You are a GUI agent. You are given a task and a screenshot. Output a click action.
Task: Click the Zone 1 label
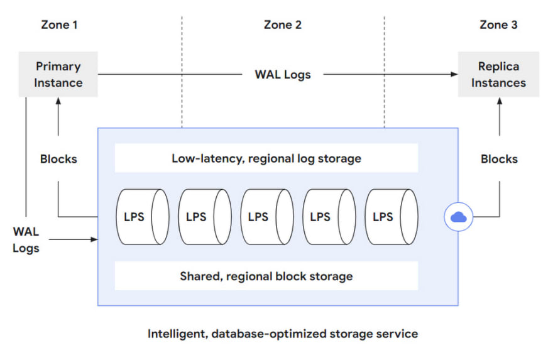[x=59, y=25]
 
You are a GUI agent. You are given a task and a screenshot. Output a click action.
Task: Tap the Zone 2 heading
[x=283, y=25]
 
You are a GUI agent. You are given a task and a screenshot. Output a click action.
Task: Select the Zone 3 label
[x=498, y=25]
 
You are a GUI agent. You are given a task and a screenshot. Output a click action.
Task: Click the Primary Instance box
[x=58, y=74]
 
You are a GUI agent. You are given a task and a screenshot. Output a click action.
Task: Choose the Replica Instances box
[x=498, y=74]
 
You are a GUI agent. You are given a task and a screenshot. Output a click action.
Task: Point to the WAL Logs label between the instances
[x=283, y=75]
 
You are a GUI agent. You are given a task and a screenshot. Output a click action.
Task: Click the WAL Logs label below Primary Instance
[x=26, y=240]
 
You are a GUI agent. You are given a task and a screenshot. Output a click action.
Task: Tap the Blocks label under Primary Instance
[x=58, y=159]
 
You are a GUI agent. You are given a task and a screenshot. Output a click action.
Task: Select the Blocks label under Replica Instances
[x=499, y=159]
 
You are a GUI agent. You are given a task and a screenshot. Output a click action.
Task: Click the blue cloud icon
[x=459, y=217]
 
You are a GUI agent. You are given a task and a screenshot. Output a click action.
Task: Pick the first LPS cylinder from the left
[x=143, y=217]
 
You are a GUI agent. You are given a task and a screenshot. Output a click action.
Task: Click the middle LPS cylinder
[x=267, y=217]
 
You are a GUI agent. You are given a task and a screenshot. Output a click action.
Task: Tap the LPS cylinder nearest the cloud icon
[x=391, y=217]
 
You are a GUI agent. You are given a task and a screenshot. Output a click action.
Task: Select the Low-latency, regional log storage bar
[x=266, y=158]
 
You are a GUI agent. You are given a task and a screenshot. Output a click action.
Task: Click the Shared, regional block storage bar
[x=266, y=276]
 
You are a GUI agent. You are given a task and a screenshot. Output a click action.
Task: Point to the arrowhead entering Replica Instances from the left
[x=454, y=74]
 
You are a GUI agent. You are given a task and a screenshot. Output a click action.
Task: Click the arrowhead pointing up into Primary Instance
[x=58, y=101]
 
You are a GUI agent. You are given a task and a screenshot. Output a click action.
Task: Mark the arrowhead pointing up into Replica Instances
[x=500, y=101]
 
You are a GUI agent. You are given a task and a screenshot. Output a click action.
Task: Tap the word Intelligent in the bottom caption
[x=177, y=334]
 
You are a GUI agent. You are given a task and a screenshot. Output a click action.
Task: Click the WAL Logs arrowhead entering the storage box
[x=94, y=240]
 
